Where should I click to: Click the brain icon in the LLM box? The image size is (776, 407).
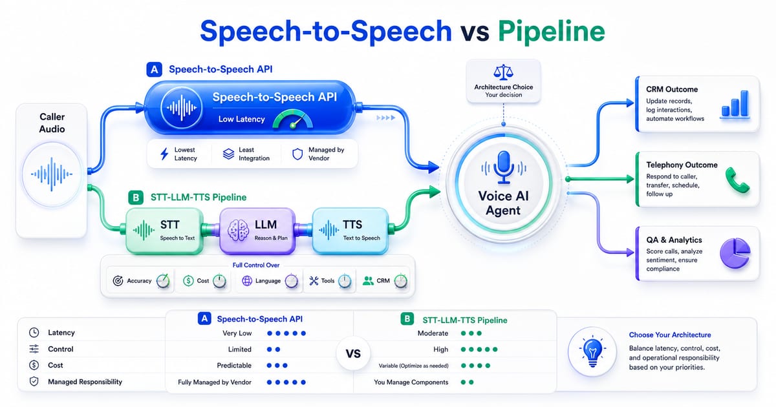pyautogui.click(x=238, y=230)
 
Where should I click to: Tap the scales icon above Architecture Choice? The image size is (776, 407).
pyautogui.click(x=503, y=72)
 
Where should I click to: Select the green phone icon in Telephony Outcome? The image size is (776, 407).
pyautogui.click(x=737, y=180)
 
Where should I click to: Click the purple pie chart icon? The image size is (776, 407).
pyautogui.click(x=735, y=253)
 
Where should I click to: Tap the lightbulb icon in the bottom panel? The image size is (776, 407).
pyautogui.click(x=593, y=351)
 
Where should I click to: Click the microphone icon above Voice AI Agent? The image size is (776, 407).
pyautogui.click(x=503, y=167)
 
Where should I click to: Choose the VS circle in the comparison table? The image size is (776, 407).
pyautogui.click(x=353, y=353)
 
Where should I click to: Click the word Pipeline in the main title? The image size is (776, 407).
pyautogui.click(x=551, y=31)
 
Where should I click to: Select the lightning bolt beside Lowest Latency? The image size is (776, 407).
pyautogui.click(x=164, y=154)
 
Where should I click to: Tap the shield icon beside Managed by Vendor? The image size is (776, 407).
pyautogui.click(x=297, y=154)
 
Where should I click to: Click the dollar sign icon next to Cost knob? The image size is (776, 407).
pyautogui.click(x=188, y=280)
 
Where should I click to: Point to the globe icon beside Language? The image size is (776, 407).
pyautogui.click(x=247, y=280)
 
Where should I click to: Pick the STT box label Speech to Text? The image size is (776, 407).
pyautogui.click(x=177, y=238)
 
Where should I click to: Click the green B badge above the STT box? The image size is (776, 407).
pyautogui.click(x=136, y=197)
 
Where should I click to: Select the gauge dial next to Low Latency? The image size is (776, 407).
pyautogui.click(x=293, y=120)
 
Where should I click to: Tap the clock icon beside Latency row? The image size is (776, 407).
pyautogui.click(x=34, y=333)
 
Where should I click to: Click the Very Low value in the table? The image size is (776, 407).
pyautogui.click(x=237, y=333)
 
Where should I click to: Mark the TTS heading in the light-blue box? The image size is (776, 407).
pyautogui.click(x=352, y=225)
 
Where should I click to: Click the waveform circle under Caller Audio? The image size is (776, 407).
pyautogui.click(x=52, y=174)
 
